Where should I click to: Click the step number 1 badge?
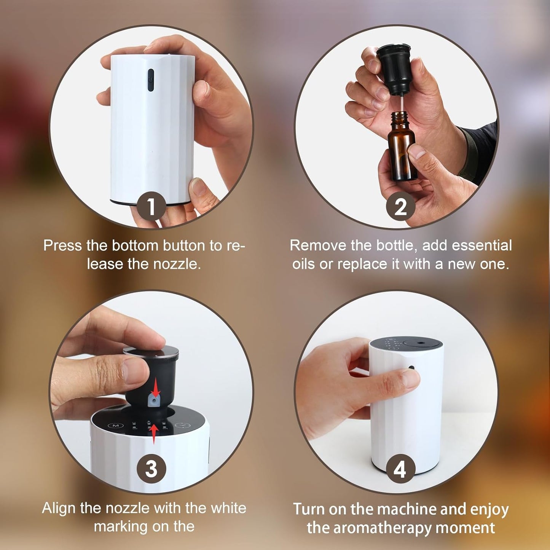[x=151, y=206]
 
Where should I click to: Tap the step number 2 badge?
[x=400, y=207]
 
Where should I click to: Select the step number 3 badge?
[x=151, y=469]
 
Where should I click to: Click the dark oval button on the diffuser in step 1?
[x=151, y=80]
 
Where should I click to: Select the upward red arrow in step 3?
[x=153, y=434]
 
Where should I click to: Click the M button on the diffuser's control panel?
[x=116, y=426]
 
